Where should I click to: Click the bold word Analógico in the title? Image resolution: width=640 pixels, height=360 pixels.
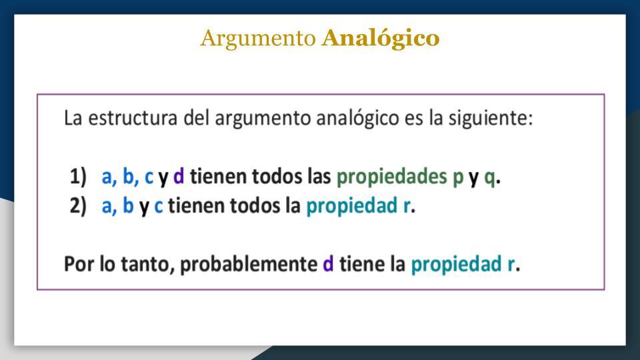[381, 39]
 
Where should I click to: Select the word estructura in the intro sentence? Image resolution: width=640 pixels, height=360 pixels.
[133, 118]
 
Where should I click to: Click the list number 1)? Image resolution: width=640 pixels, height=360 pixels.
[78, 177]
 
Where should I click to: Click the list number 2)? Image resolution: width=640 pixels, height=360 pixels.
[78, 205]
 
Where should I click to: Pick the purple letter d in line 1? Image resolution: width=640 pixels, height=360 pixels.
[179, 176]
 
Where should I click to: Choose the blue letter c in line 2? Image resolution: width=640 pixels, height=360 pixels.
[159, 207]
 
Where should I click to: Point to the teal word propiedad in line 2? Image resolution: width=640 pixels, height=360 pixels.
[351, 206]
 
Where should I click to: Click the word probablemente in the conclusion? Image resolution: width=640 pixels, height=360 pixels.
[249, 265]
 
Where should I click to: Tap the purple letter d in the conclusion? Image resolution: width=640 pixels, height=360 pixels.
[328, 263]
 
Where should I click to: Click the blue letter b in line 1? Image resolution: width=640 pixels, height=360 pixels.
[128, 176]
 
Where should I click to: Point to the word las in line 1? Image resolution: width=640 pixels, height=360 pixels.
[319, 176]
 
